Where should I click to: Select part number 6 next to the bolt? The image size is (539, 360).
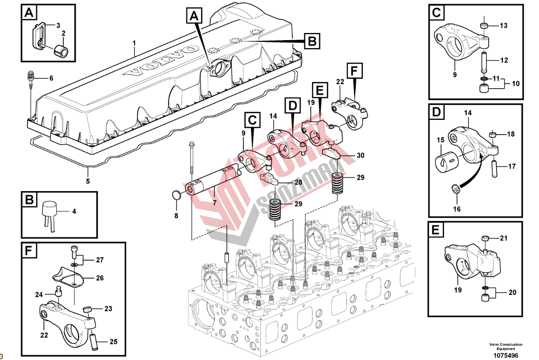[x=51, y=78]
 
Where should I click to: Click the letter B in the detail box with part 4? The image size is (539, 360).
[x=29, y=200]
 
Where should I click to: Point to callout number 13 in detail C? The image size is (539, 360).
[x=503, y=26]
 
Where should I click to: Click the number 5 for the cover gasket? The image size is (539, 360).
[x=88, y=181]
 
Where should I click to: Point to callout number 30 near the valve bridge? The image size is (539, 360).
[x=360, y=155]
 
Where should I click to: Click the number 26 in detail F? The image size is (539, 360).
[x=99, y=278]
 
